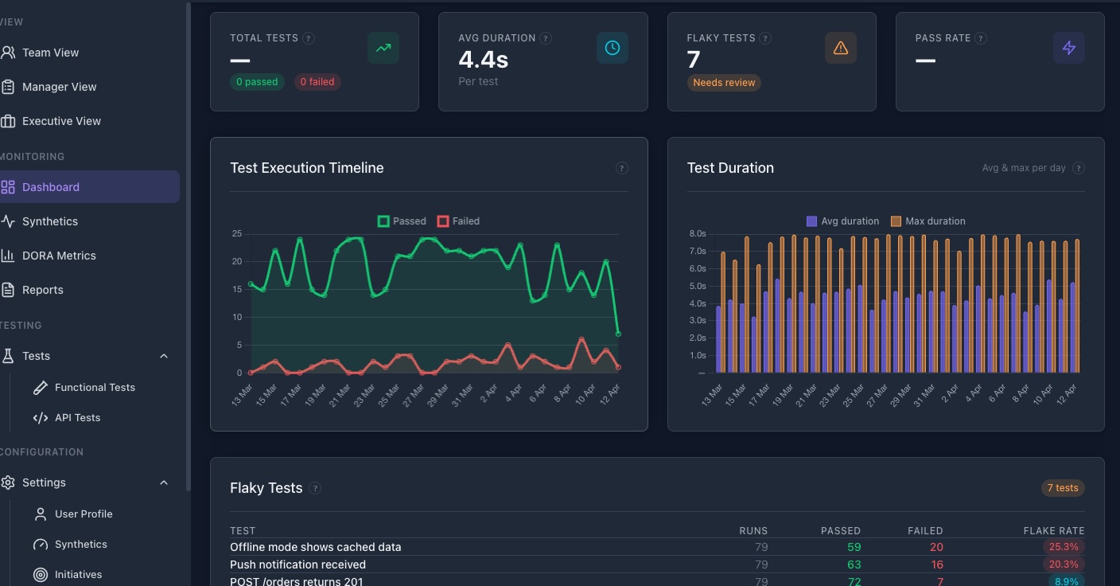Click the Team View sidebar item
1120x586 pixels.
point(50,53)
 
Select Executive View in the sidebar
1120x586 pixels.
point(61,121)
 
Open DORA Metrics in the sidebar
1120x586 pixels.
point(59,256)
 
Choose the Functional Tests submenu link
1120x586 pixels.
point(95,387)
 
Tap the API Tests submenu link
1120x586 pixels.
point(77,417)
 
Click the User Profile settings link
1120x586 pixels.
point(84,514)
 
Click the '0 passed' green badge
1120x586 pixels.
point(257,82)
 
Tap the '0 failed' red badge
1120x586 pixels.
point(317,82)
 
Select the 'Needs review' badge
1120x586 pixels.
point(723,83)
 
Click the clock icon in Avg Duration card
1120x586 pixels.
point(612,48)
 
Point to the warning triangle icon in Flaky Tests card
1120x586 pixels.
point(840,48)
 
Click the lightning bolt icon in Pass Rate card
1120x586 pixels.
point(1068,48)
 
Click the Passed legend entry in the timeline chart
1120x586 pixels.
point(402,221)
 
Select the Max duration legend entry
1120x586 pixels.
point(927,221)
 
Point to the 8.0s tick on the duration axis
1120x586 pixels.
point(697,234)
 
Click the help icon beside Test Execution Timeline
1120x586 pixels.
point(621,168)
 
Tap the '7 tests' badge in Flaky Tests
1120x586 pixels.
point(1062,488)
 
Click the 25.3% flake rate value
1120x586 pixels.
point(1063,547)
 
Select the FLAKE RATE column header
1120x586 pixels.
point(1053,530)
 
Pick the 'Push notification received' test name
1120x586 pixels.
point(297,565)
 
